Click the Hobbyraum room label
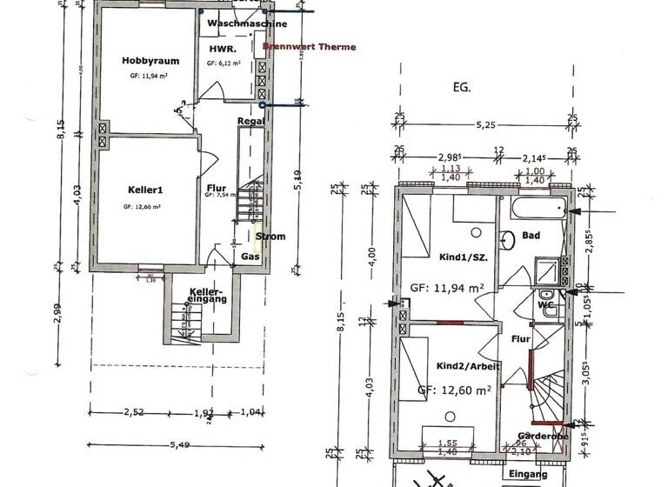point(144,61)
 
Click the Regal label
point(250,122)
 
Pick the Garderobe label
point(542,436)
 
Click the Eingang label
point(529,474)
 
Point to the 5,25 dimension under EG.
point(485,125)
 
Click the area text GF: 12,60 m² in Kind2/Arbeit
point(455,390)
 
